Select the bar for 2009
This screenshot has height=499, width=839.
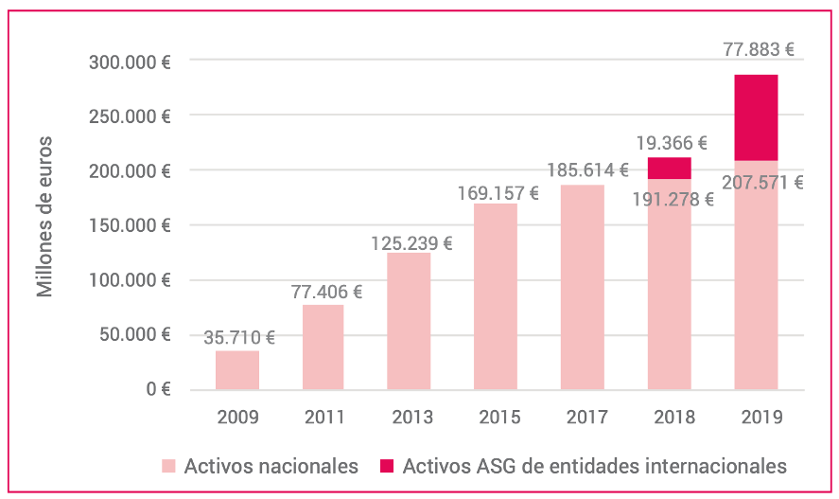point(236,370)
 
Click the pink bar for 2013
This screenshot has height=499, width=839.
point(409,321)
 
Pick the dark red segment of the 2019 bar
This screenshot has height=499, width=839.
point(756,117)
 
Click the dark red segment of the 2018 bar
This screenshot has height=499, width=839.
point(669,169)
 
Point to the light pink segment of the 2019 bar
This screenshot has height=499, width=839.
point(756,275)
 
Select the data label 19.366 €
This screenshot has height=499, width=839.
point(671,144)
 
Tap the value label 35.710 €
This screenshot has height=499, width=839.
point(239,337)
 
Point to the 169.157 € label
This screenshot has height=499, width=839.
point(498,192)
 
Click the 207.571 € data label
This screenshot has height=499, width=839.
point(761,183)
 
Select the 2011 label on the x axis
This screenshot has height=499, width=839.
point(324,417)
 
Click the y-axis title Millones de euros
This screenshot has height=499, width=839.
point(45,217)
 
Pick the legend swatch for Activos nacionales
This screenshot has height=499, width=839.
point(167,466)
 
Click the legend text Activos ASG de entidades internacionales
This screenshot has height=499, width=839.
point(594,466)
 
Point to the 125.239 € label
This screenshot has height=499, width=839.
point(411,243)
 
